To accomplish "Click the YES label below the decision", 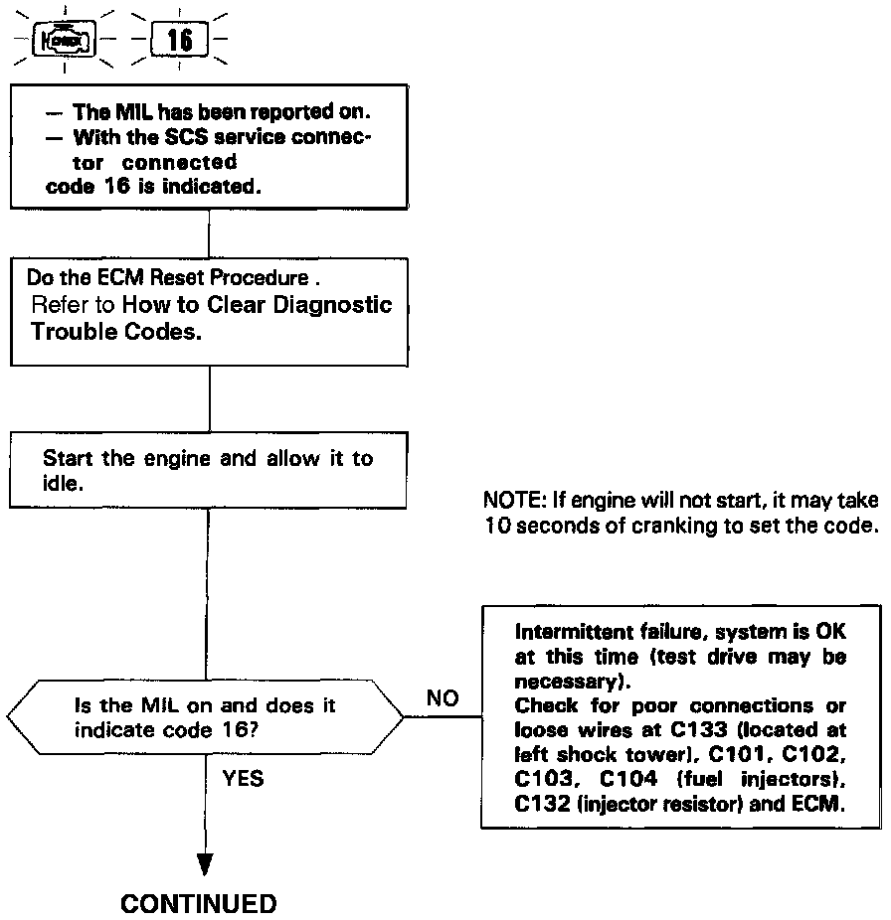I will [244, 779].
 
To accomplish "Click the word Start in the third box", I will [66, 459].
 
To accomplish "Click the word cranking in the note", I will [669, 525].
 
